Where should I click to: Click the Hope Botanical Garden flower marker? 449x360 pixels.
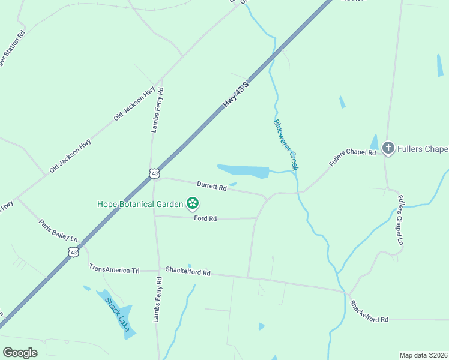(193, 204)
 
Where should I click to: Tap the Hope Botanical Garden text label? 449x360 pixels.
(140, 204)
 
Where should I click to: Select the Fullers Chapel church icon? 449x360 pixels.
(388, 148)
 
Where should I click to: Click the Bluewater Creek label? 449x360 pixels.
(285, 145)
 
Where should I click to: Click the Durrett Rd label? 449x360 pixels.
(212, 186)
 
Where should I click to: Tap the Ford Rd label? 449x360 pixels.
(205, 219)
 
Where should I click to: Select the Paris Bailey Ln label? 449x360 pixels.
(58, 229)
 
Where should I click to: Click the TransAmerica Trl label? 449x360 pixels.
(114, 269)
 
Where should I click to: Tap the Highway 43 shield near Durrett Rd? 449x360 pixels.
(155, 173)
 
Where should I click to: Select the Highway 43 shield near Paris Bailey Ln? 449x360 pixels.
(73, 253)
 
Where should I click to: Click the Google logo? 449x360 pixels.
(20, 353)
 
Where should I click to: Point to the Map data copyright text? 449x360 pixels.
(423, 355)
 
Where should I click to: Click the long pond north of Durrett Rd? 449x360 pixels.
(243, 171)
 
